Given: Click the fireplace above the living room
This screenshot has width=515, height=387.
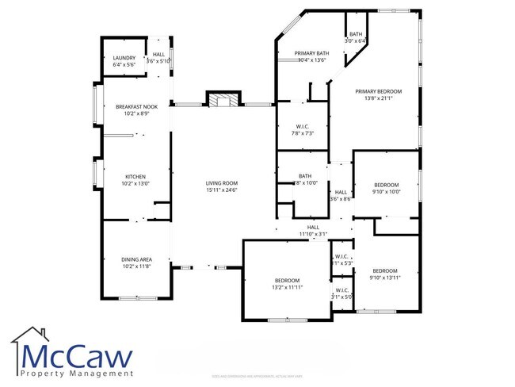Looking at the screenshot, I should point(222,101).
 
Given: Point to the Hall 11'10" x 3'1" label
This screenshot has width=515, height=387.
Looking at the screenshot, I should point(312,231).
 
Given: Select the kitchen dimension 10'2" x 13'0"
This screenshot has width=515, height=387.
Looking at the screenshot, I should point(135,183).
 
